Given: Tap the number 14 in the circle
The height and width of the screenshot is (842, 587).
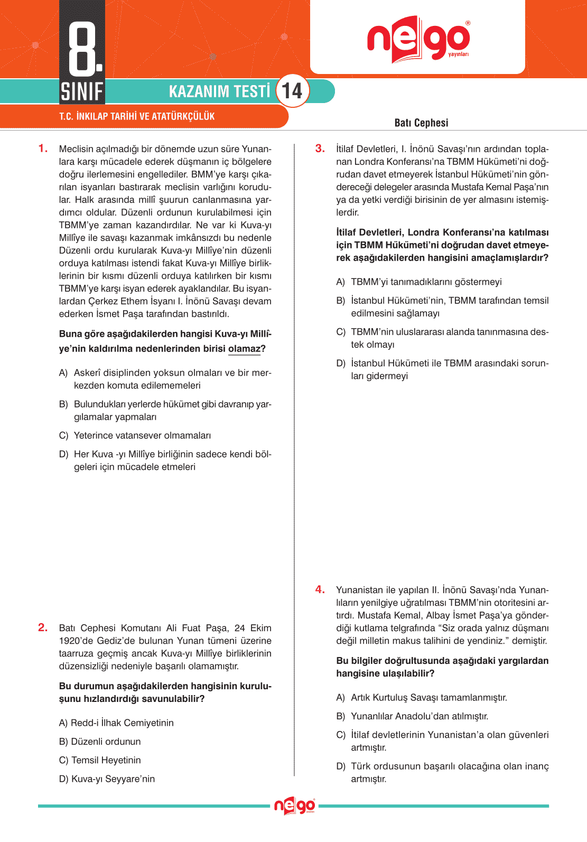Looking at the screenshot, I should click(292, 91).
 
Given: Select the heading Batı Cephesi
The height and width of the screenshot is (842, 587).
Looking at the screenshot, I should click(421, 123).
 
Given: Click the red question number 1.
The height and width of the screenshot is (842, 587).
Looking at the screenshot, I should click(43, 149).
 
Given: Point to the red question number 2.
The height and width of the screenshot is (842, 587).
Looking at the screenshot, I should click(43, 627).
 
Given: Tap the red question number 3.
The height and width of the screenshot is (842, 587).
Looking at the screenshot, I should click(320, 149).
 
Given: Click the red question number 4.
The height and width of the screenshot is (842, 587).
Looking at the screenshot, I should click(320, 589).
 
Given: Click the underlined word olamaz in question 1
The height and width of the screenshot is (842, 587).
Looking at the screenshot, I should click(244, 349).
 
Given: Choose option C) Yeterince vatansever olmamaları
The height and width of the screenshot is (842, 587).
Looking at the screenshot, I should click(135, 436).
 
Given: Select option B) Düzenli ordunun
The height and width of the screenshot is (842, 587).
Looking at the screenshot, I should click(100, 742).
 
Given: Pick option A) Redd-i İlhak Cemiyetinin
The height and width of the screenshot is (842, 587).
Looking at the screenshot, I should click(116, 723).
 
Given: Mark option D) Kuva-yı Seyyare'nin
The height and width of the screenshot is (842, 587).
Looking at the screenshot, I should click(107, 779).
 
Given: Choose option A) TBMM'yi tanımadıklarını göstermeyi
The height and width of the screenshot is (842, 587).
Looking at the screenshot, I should click(419, 282).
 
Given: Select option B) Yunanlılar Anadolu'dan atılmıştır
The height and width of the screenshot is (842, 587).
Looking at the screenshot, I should click(412, 716).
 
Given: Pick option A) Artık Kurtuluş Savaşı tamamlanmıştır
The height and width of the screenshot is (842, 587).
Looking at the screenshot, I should click(422, 698).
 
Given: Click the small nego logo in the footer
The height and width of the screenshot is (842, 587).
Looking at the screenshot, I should click(294, 806).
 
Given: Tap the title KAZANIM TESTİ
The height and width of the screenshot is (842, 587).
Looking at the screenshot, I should click(219, 91).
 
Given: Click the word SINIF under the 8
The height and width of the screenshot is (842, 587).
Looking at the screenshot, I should click(82, 91).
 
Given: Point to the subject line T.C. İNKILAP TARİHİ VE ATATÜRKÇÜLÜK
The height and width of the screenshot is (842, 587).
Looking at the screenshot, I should click(137, 116).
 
